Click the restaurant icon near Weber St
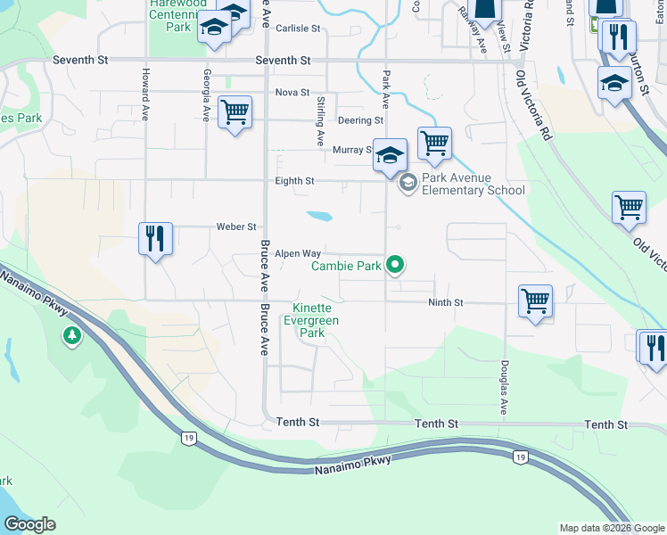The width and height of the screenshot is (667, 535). (155, 239)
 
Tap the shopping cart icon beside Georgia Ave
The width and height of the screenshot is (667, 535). (235, 112)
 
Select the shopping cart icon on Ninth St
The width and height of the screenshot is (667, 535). (535, 301)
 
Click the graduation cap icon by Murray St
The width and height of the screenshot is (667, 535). (390, 156)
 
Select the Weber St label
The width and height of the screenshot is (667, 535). (236, 226)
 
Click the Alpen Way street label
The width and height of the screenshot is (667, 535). (297, 254)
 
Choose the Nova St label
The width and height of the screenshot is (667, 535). (292, 92)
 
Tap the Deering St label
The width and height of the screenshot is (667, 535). (359, 120)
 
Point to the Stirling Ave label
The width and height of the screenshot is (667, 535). (319, 122)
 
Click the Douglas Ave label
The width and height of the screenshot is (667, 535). (505, 388)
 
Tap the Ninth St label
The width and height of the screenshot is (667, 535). (445, 303)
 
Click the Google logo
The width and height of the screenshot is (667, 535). (30, 523)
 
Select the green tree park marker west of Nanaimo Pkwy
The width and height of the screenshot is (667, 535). (70, 336)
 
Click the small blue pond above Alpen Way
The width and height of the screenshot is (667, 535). (319, 216)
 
